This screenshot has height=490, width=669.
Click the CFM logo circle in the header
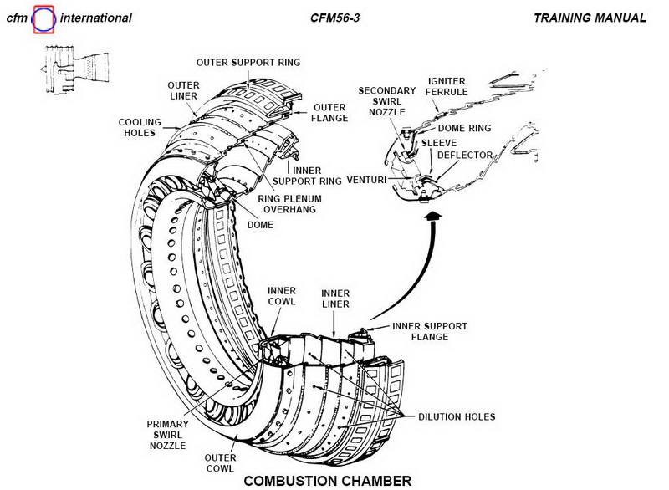(44, 18)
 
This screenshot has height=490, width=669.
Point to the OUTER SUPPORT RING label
(248, 63)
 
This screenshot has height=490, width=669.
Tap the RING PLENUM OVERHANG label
(287, 204)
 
